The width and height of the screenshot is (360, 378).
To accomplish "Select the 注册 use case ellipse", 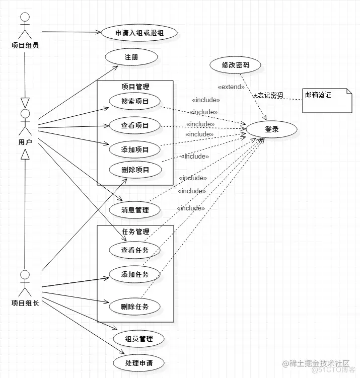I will point(131,57).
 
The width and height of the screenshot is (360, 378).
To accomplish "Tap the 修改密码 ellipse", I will point(235,65).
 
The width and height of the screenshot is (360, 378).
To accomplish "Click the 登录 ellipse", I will point(271,129).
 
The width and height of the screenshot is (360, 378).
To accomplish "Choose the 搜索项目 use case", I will point(134,101).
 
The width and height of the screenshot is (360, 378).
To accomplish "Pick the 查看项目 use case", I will point(134,125).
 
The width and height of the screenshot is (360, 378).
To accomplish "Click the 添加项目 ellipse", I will point(134,149).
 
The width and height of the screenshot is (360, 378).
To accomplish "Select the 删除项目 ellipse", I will point(135,170).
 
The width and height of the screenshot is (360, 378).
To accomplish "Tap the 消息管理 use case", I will point(135,210).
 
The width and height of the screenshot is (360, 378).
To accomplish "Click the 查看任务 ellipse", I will point(135,250).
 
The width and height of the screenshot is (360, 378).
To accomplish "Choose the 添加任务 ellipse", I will point(135,274).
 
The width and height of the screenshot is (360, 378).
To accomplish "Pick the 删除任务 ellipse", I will point(135,307).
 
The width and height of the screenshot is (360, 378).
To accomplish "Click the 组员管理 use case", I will point(139,339).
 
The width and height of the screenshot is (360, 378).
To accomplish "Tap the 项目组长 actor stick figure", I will point(24,283).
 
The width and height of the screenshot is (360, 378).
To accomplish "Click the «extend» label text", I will point(231,87).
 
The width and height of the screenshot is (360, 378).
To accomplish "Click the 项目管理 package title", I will point(135,87).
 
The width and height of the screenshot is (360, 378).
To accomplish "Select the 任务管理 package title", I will point(135,232).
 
